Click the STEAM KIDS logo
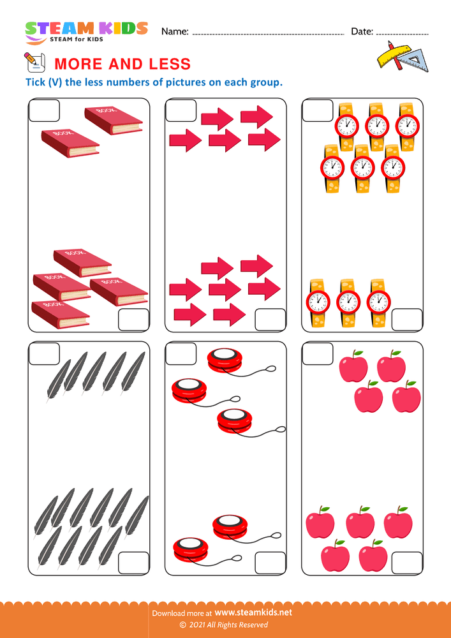86,31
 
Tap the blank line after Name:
268,32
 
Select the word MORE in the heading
78,64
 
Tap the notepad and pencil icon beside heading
34,62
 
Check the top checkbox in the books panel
45,111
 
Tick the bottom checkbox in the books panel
133,320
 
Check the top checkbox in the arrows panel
181,111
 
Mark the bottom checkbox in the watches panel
407,320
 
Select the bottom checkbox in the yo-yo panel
270,563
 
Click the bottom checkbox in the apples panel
407,563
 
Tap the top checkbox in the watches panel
318,111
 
